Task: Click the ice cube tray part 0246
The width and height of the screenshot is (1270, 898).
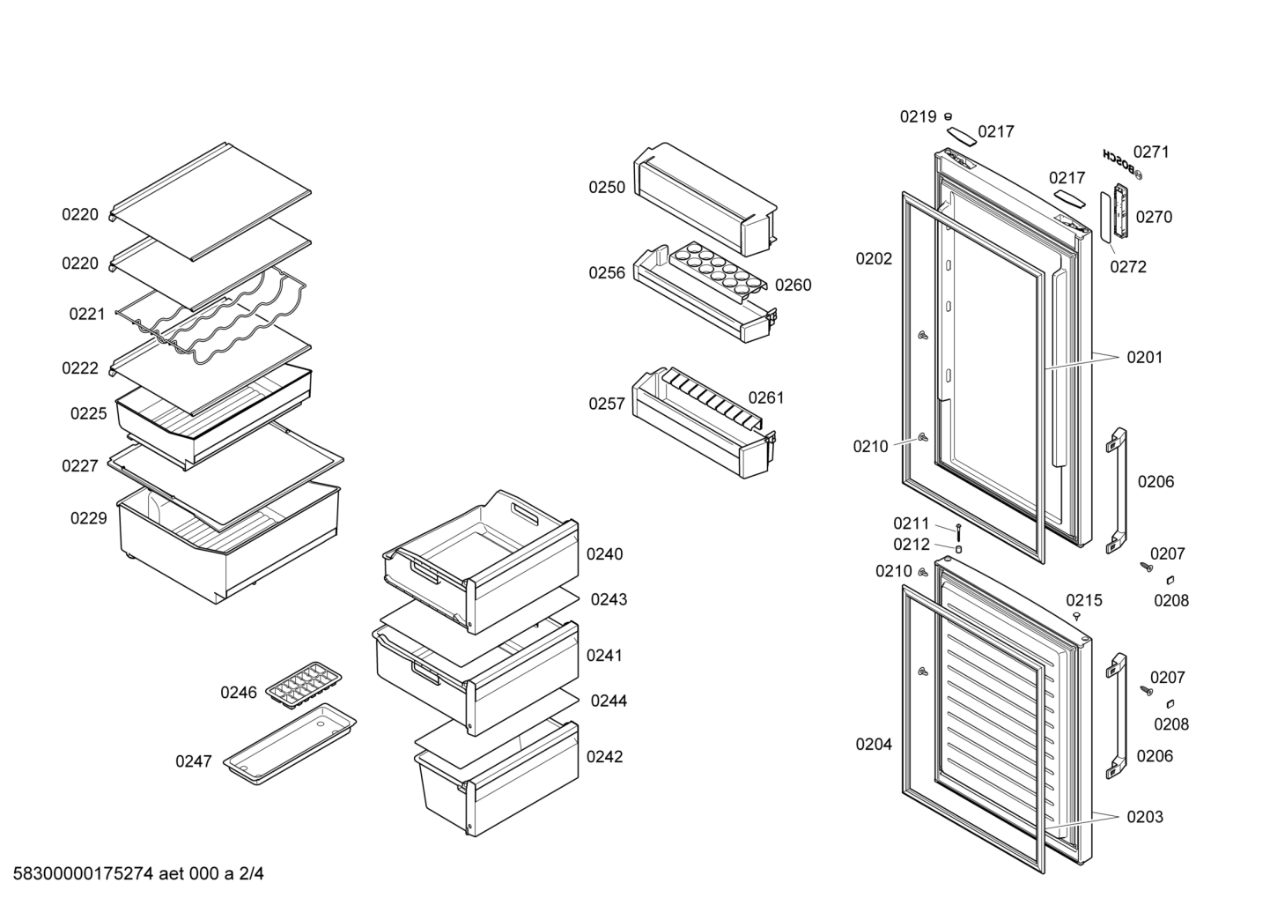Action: (304, 686)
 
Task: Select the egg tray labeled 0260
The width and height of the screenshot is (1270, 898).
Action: (719, 271)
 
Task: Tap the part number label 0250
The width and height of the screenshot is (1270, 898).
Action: (607, 187)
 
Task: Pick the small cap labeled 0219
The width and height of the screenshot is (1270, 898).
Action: (948, 117)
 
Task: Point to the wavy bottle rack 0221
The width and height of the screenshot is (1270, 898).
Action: (210, 317)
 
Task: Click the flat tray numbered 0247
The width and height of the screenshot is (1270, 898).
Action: (290, 745)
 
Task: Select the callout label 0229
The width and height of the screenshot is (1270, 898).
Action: (88, 518)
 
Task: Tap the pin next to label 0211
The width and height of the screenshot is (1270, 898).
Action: (959, 532)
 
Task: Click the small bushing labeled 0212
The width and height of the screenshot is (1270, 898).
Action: (959, 549)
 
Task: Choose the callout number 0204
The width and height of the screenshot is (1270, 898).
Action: (874, 744)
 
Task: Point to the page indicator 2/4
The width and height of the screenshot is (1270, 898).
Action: (251, 873)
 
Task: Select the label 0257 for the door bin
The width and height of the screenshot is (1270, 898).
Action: (607, 404)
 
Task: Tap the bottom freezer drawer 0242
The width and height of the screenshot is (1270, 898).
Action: (497, 778)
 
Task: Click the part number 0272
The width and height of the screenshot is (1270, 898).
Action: (1128, 267)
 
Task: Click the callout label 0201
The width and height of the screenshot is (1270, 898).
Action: (1145, 358)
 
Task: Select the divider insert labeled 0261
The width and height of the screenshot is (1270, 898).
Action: (713, 398)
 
